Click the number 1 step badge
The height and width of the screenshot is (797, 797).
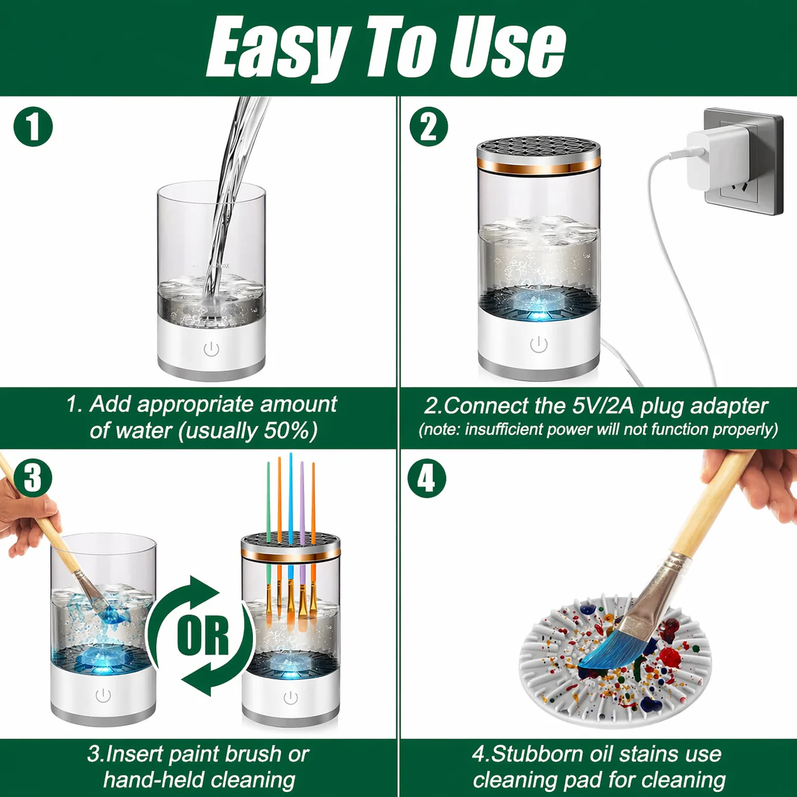33,126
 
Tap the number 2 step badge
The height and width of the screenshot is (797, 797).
429,126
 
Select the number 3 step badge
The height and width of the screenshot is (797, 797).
32,479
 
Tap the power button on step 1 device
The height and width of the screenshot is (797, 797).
212,349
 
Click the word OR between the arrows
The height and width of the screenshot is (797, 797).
203,636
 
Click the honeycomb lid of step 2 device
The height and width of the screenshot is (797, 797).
538,149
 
